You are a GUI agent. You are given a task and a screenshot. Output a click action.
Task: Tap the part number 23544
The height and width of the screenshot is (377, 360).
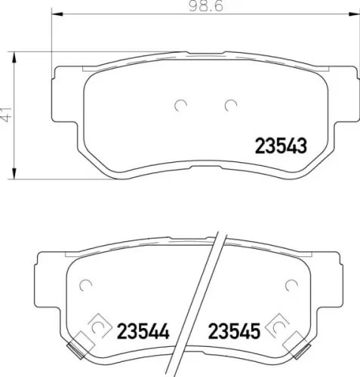pos(141,329)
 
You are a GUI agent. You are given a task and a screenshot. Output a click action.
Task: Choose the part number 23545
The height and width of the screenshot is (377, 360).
pos(234,329)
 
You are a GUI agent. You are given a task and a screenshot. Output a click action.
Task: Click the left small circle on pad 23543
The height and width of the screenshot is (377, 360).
pos(180,105)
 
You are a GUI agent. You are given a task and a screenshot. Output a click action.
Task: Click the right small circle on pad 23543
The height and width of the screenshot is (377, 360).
pos(230,105)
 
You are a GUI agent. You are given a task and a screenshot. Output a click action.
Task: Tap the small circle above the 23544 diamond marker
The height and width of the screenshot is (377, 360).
pos(84,285)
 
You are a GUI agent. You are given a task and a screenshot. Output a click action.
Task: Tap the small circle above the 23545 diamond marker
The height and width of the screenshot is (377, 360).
pos(291,285)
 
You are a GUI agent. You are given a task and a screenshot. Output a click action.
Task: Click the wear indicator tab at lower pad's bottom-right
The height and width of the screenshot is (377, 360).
pos(302,348)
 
